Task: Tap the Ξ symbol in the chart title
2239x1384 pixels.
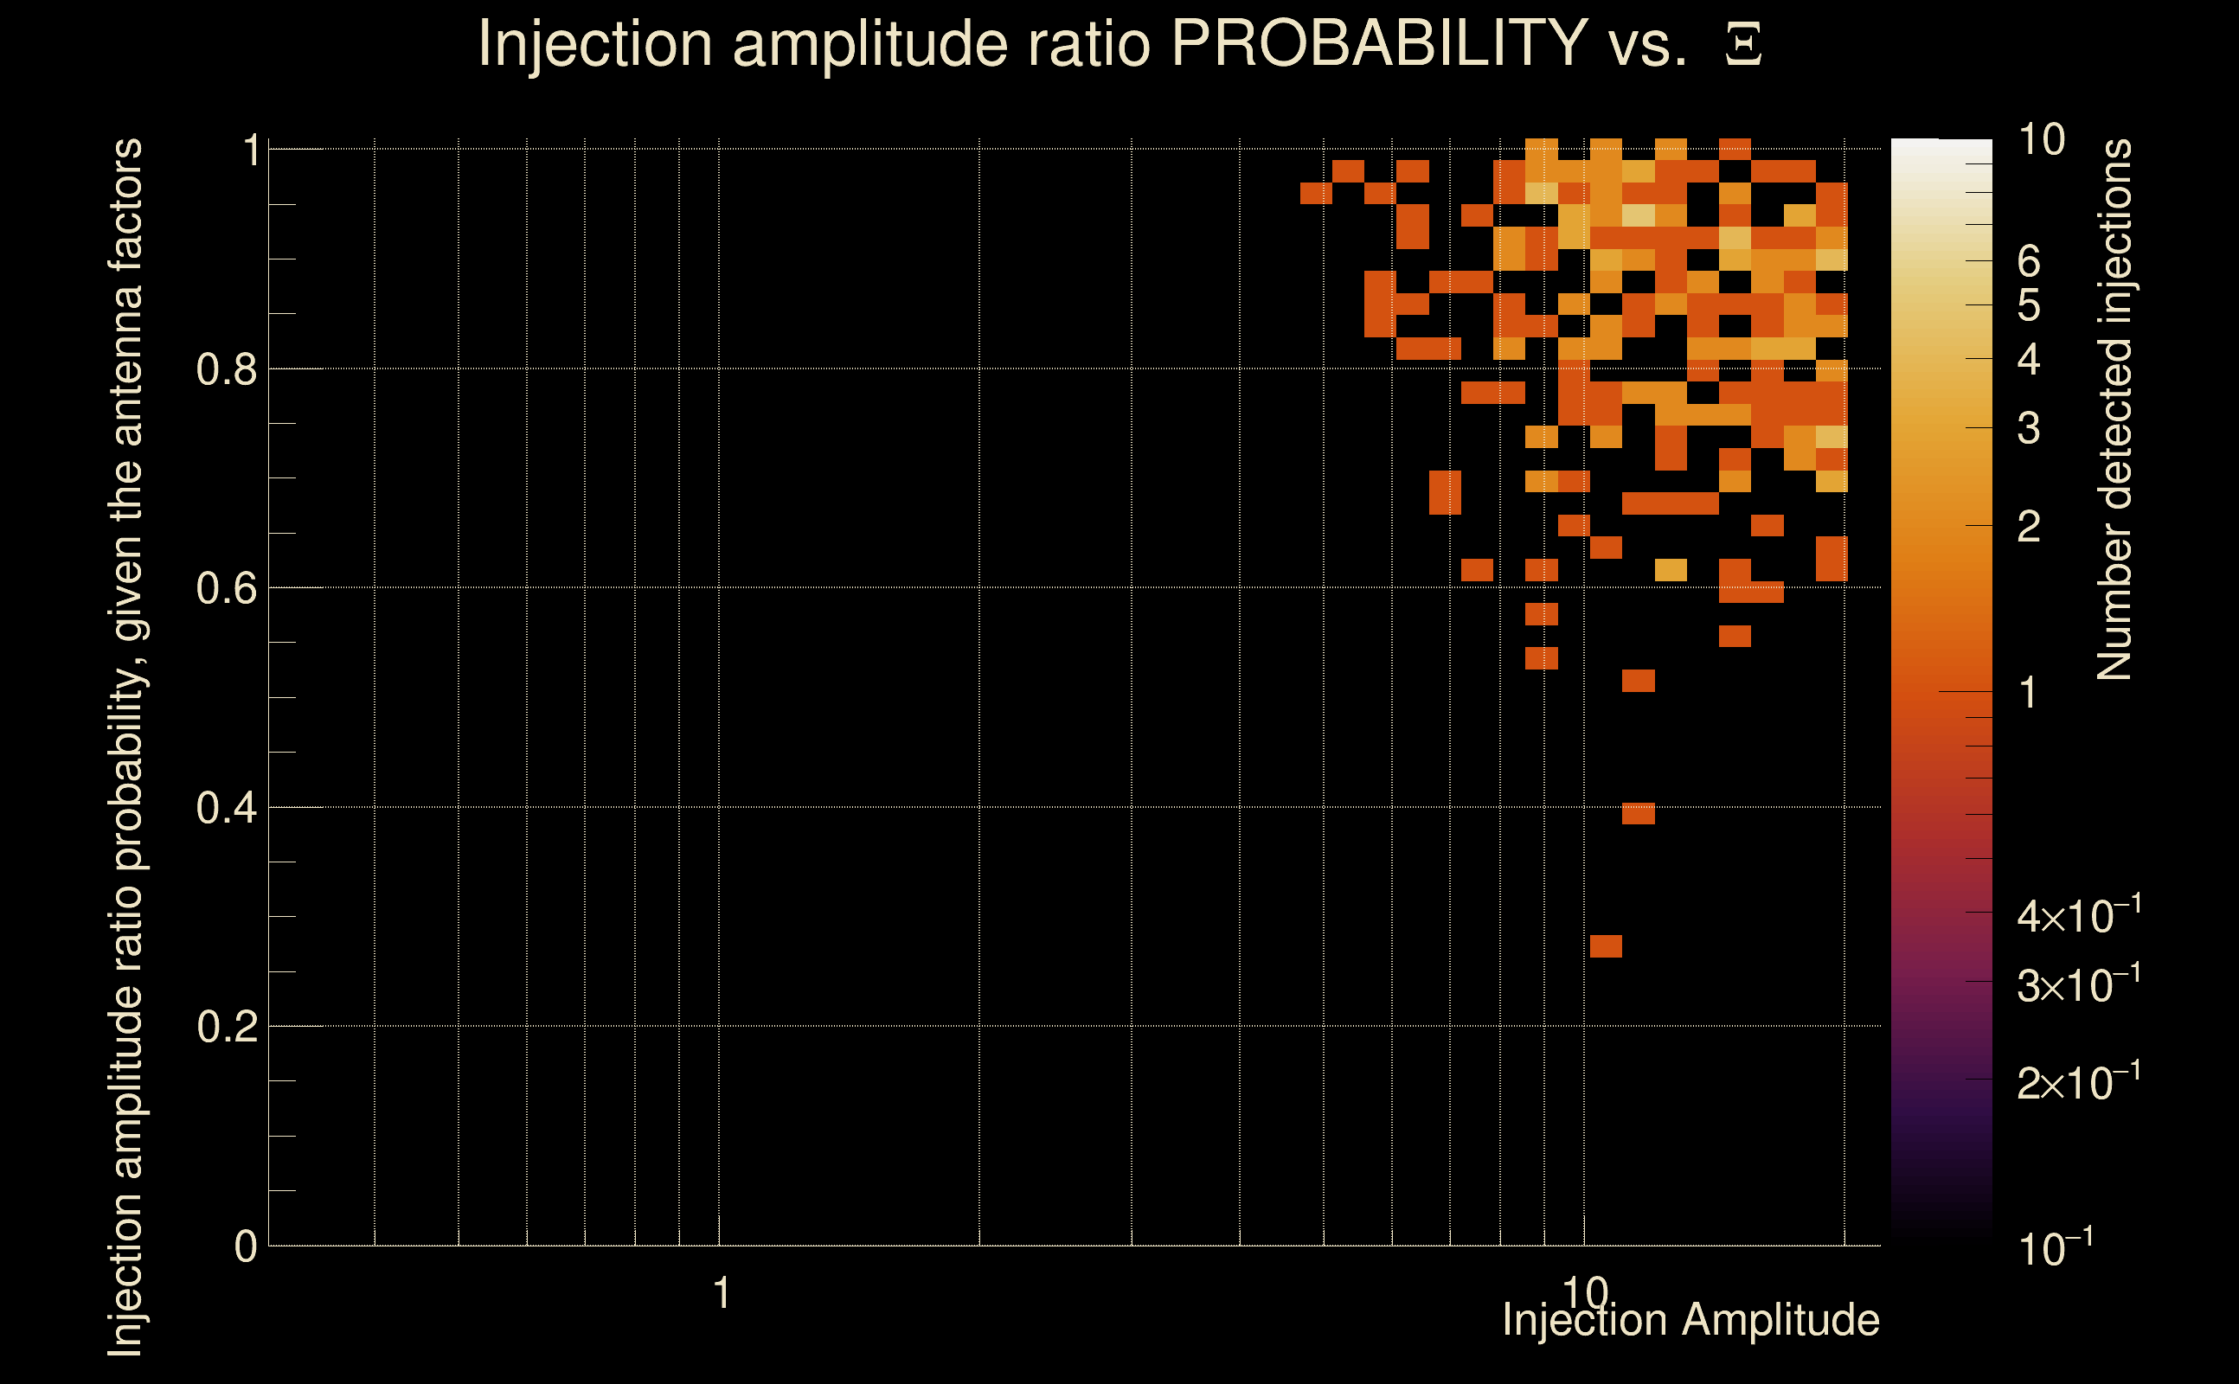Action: pos(1743,45)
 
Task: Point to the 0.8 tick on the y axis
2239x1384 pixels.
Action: pos(226,370)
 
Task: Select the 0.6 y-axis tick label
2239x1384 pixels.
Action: pos(226,588)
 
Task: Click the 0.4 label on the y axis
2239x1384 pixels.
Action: pos(226,808)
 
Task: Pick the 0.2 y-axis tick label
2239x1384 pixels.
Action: pos(226,1027)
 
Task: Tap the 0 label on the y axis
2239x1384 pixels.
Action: pos(246,1246)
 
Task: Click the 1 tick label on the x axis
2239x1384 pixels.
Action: pos(722,1293)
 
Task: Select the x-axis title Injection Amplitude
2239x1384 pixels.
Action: pos(1690,1320)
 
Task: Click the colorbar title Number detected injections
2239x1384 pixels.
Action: pos(2114,409)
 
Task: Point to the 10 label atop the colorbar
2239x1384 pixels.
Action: pos(2041,140)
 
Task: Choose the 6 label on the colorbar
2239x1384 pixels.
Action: pos(2029,262)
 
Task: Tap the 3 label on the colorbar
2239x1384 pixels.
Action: pos(2029,428)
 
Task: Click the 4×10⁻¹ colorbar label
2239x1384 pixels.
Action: pos(2079,915)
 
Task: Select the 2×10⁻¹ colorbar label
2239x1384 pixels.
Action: pos(2079,1083)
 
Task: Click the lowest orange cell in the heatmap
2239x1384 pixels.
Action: pos(1606,945)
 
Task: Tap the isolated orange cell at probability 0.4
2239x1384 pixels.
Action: pos(1638,813)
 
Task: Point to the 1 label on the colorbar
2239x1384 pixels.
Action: pos(2029,693)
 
